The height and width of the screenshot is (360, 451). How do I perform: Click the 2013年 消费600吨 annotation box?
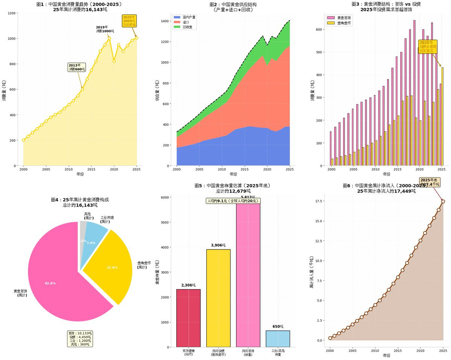(77, 67)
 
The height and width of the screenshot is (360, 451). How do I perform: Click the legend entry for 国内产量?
(185, 17)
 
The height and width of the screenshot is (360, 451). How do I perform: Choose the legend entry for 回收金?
(185, 27)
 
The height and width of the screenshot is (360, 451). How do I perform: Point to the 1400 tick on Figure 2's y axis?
(164, 22)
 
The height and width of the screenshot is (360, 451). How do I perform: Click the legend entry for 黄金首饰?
(340, 17)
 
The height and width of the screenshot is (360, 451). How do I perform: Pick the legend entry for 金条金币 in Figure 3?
(340, 23)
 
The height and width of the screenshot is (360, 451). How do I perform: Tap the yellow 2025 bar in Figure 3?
(442, 116)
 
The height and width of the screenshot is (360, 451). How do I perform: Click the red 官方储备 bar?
(188, 318)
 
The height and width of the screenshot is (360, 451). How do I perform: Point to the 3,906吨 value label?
(218, 245)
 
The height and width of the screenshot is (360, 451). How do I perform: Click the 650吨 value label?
(278, 327)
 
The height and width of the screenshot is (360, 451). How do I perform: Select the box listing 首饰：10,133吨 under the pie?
(80, 339)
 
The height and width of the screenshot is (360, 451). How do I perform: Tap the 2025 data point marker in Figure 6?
(443, 201)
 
